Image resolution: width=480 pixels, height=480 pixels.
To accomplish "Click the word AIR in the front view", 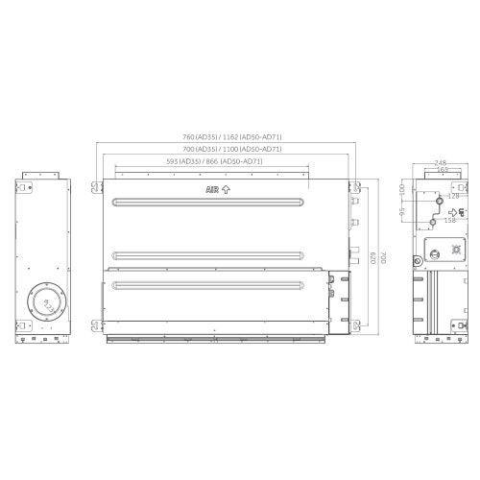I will click(x=212, y=190).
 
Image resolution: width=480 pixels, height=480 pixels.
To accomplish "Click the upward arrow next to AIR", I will click(x=226, y=190).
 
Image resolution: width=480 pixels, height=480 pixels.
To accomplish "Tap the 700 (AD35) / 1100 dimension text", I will click(x=228, y=150).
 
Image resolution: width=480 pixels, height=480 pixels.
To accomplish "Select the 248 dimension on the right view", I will click(x=441, y=163).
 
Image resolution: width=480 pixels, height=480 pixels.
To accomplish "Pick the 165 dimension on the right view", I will click(x=441, y=170).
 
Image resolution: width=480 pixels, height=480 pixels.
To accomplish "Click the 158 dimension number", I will click(x=449, y=220).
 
